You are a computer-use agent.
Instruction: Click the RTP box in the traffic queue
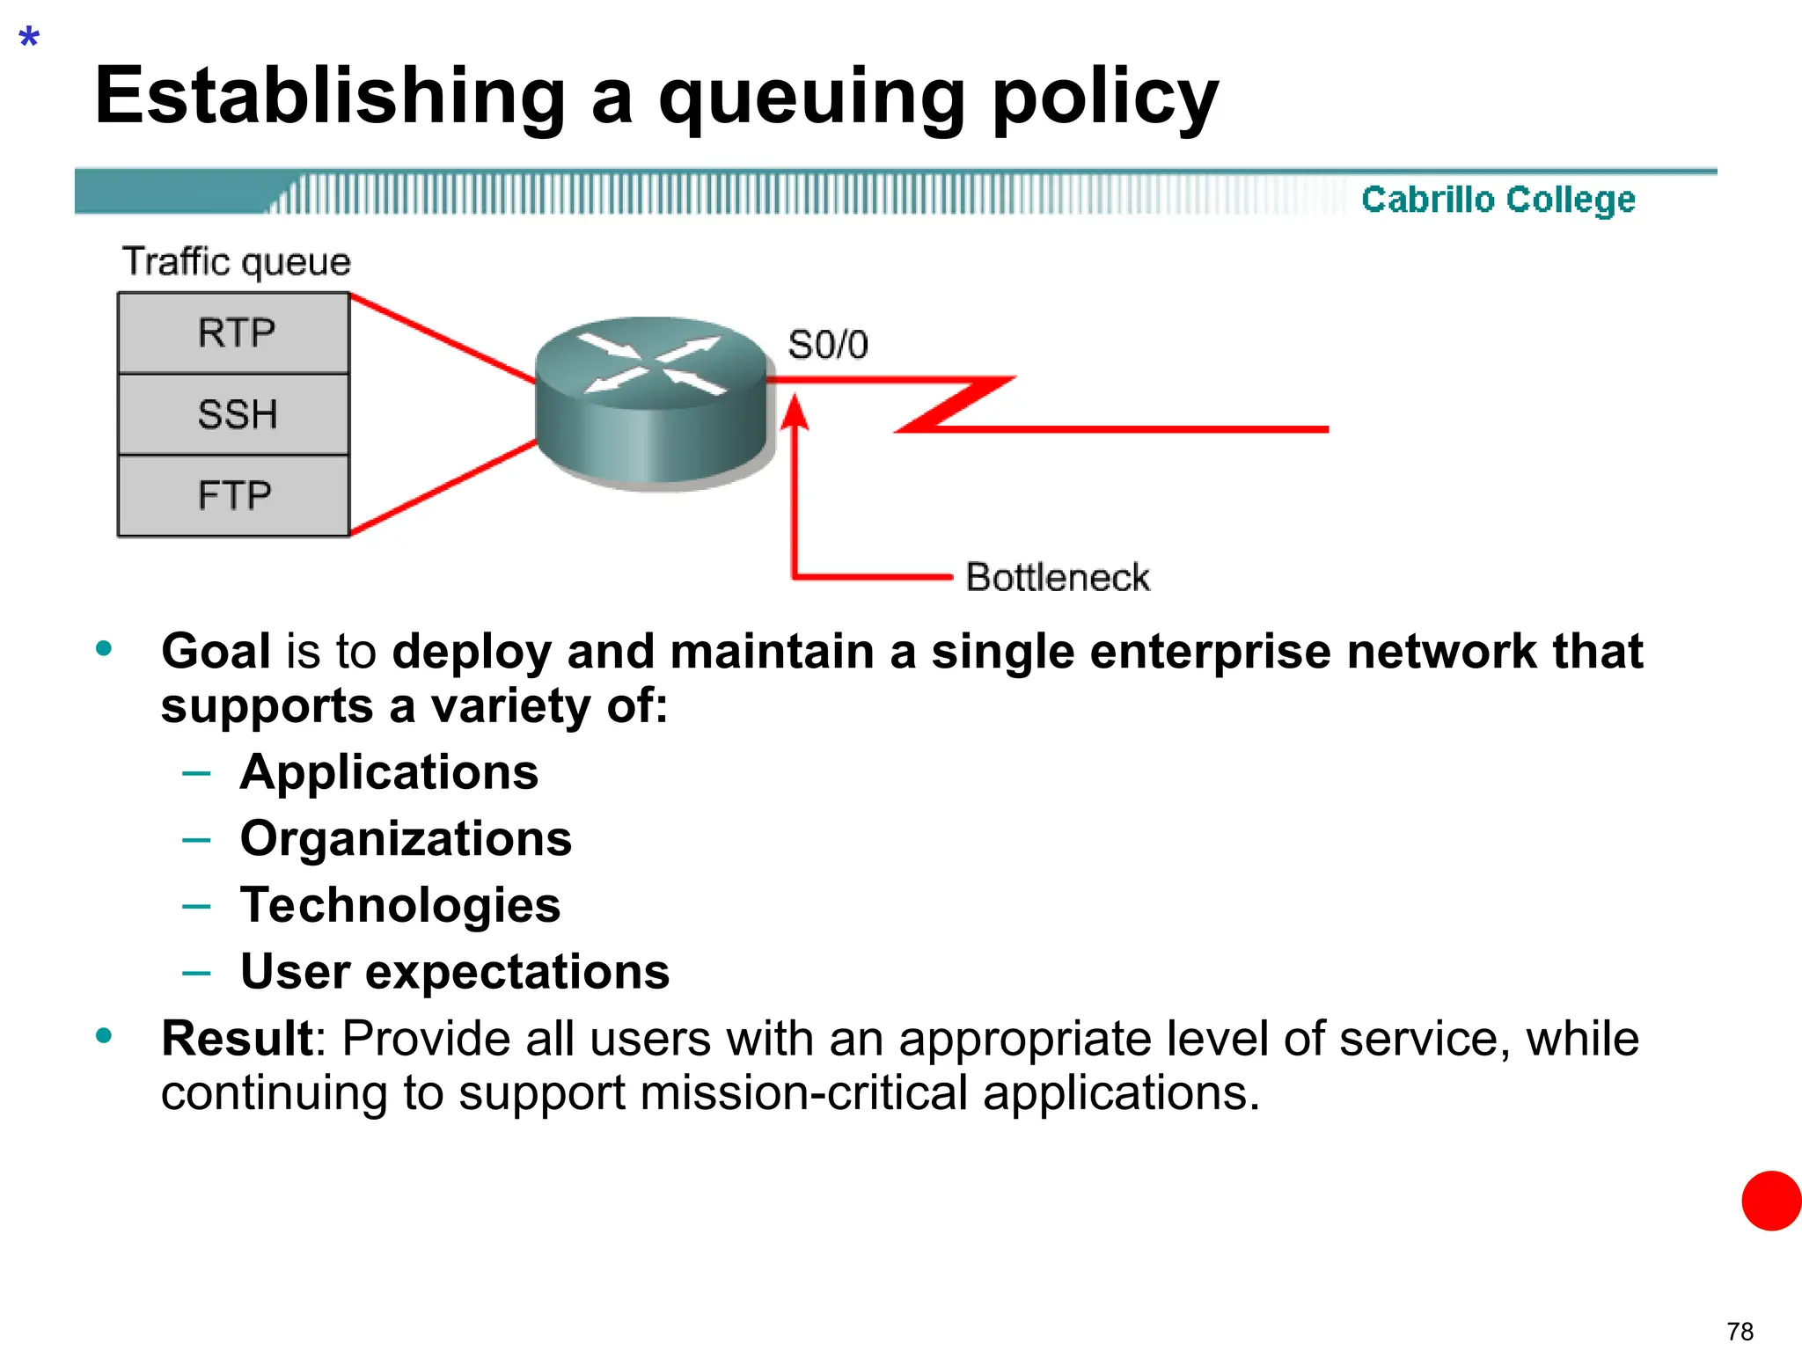coord(234,333)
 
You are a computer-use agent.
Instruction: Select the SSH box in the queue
coord(234,414)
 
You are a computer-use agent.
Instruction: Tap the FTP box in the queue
coord(234,495)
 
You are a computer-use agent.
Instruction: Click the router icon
coord(651,400)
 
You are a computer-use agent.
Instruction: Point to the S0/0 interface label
coord(828,345)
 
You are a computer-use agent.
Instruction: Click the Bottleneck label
coord(1057,578)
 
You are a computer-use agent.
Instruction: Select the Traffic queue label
coord(236,262)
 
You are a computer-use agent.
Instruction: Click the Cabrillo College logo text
coord(1498,200)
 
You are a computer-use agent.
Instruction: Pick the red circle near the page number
coord(1771,1201)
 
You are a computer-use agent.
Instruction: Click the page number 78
coord(1740,1332)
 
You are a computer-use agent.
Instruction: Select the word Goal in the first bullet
coord(216,652)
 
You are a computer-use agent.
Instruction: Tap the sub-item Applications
coord(389,772)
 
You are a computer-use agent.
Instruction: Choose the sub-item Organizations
coord(406,838)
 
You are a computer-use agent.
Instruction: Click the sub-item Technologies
coord(400,905)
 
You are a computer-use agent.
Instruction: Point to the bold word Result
coord(237,1039)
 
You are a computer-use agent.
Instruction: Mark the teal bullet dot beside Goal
coord(104,649)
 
